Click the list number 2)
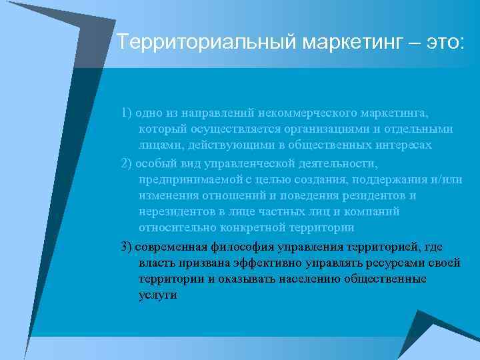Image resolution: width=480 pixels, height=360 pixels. point(127,163)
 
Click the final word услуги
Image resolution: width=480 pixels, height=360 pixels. point(157,295)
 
